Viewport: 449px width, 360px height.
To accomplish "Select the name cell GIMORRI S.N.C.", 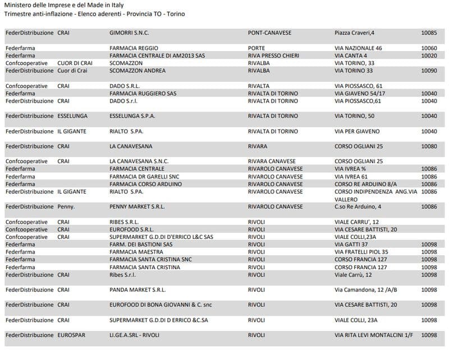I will [129, 33].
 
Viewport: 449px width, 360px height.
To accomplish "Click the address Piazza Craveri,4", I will [355, 33].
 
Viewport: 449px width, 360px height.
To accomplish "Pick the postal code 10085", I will [429, 33].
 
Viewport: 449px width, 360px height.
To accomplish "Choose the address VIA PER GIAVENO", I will [357, 131].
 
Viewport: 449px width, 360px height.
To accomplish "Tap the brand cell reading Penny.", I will [66, 207].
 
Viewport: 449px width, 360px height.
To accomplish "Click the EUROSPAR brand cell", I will [71, 335].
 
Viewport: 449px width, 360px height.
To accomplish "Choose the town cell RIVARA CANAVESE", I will [273, 161].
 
